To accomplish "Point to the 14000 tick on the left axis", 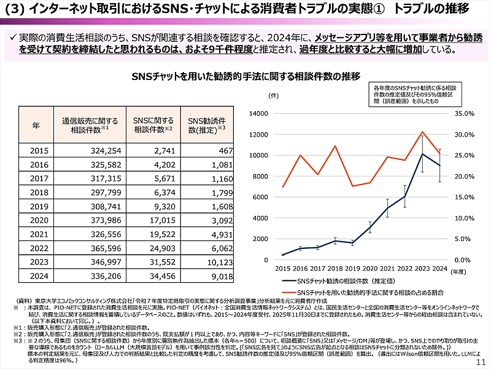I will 260,114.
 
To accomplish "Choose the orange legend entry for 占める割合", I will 368,291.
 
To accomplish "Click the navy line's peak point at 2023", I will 422,154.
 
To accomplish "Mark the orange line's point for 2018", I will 336,146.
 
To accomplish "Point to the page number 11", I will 481,362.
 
